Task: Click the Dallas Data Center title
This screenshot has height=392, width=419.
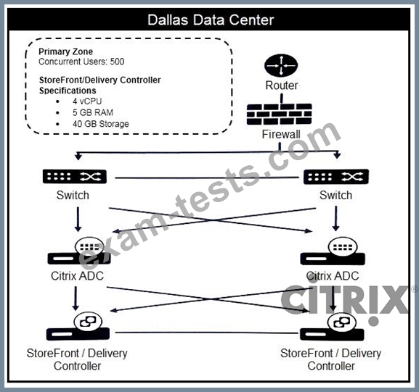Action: (211, 20)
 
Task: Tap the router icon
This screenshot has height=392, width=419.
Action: (281, 65)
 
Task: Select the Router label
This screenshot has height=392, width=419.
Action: (281, 86)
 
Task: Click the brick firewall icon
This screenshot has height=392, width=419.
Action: (280, 114)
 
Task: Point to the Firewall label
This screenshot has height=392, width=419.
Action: (281, 134)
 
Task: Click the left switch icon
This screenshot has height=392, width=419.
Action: (75, 177)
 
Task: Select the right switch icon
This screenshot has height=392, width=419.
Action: (336, 177)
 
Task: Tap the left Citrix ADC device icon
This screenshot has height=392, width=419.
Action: (79, 251)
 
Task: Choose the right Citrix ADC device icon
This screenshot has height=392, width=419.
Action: (333, 251)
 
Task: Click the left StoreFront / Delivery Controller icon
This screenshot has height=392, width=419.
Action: (78, 328)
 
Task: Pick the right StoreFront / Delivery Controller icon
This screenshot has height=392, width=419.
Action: (332, 327)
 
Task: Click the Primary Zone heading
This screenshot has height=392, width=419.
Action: (66, 51)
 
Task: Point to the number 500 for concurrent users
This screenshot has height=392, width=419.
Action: (118, 62)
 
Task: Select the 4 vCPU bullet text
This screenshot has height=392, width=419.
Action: (87, 101)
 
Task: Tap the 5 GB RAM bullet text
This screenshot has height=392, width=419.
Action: (93, 112)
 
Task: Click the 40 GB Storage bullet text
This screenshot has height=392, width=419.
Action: (101, 124)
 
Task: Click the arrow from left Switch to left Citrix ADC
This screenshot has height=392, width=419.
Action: (78, 220)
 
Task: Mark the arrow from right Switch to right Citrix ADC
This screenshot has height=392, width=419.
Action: (336, 219)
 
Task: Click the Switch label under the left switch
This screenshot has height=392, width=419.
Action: (73, 195)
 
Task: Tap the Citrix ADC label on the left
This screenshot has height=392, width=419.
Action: (77, 276)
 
